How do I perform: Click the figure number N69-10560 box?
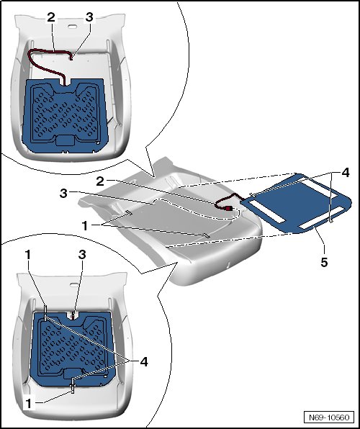[x=329, y=417]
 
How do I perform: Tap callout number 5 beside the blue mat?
[x=324, y=262]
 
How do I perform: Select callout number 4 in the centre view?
[x=345, y=173]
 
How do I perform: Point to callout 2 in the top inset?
[x=51, y=17]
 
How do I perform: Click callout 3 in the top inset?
[x=89, y=17]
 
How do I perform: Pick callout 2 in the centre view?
[x=100, y=181]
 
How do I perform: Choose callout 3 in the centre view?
[x=63, y=194]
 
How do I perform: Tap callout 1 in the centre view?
[x=85, y=226]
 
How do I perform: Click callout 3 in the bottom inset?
[x=82, y=254]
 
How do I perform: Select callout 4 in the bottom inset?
[x=144, y=361]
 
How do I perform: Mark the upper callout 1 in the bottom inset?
[x=27, y=254]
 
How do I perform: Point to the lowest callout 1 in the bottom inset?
[x=28, y=404]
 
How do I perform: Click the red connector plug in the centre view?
[x=228, y=209]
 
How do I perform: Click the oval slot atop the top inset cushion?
[x=72, y=26]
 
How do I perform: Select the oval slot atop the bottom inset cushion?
[x=74, y=285]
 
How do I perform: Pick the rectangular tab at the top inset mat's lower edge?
[x=65, y=140]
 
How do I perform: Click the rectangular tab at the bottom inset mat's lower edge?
[x=72, y=374]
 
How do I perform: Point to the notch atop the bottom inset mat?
[x=73, y=315]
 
